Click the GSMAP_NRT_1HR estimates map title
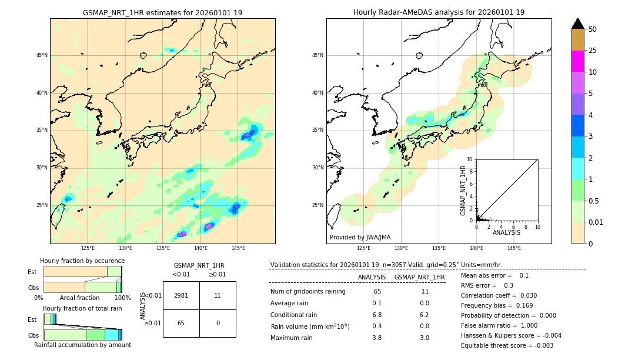click(162, 12)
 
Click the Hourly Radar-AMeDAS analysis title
click(439, 12)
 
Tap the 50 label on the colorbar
click(593, 29)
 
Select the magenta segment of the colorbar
click(577, 61)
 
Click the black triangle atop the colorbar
click(577, 24)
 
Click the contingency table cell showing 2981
click(181, 295)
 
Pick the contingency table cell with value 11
click(218, 295)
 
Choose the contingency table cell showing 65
click(181, 323)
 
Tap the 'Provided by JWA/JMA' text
click(360, 238)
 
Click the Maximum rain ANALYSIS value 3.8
click(377, 338)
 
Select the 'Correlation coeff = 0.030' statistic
click(499, 295)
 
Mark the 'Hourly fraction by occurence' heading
click(82, 261)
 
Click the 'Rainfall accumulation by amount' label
click(82, 345)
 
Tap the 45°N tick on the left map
click(41, 55)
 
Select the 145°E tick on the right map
click(514, 248)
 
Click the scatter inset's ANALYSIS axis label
click(506, 232)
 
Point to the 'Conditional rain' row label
click(295, 315)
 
